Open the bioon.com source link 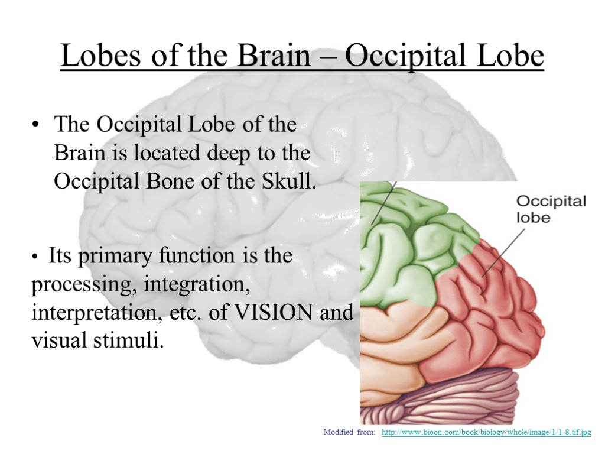click(486, 433)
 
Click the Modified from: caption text click(349, 433)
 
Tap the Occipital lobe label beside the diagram click(551, 209)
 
